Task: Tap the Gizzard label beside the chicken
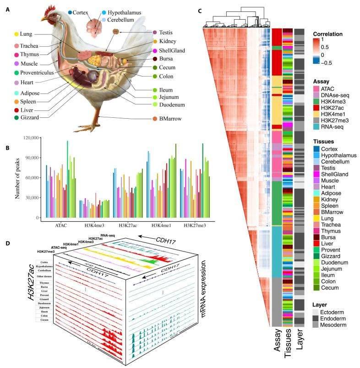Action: point(30,118)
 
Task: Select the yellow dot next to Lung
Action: point(16,34)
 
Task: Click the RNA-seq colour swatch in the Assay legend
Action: point(316,126)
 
